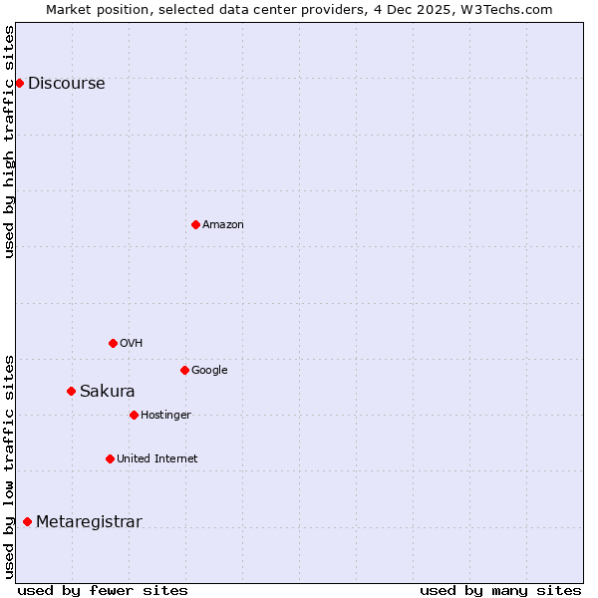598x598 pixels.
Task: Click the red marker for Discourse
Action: tap(19, 83)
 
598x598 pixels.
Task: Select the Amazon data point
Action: tap(195, 224)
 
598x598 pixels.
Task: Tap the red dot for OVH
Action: tap(113, 343)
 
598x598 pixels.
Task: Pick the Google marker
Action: tap(184, 370)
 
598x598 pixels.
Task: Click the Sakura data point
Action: tap(71, 391)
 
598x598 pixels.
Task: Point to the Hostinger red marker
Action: tap(134, 415)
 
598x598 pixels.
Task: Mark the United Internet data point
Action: tap(110, 458)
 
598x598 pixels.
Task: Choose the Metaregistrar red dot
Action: tap(27, 521)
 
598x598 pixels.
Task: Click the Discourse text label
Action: tap(66, 84)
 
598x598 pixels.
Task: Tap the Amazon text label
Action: tap(222, 225)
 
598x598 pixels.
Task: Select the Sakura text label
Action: tap(107, 392)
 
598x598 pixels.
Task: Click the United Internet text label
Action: tap(156, 459)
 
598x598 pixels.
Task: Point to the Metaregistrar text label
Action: tap(89, 522)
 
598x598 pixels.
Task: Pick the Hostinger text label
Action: tap(165, 416)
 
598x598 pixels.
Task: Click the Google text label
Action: tap(209, 371)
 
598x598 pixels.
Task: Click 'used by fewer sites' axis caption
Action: tap(103, 590)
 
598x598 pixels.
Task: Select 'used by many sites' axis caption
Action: tap(500, 590)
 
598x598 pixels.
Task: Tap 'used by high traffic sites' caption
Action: tap(9, 141)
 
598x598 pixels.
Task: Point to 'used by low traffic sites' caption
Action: tap(9, 465)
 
